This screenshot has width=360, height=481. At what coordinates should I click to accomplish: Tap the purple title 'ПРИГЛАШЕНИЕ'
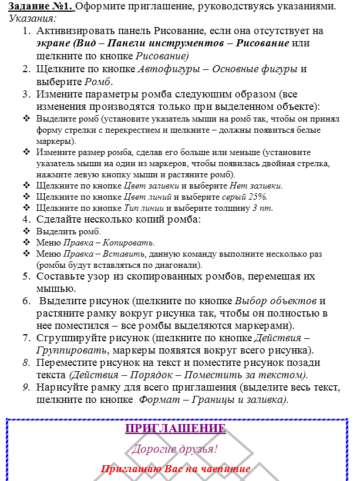(176, 429)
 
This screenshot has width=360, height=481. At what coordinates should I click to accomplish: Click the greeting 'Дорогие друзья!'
(175, 450)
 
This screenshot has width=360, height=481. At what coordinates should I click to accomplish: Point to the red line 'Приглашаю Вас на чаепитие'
(176, 469)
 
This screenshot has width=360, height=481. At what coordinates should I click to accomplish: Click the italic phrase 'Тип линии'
(144, 208)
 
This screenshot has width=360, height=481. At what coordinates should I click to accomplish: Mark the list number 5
(26, 276)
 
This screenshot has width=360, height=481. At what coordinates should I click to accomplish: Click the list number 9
(26, 387)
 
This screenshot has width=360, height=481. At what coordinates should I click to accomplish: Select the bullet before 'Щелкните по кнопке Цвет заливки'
(27, 186)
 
